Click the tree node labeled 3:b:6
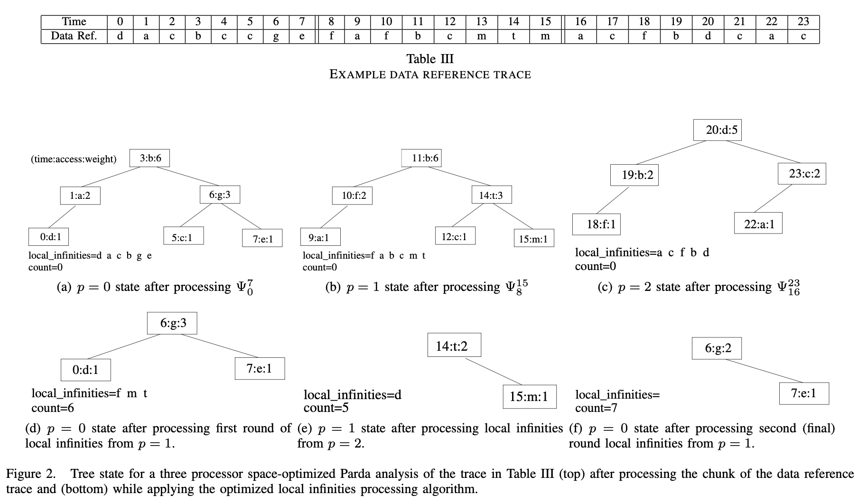tap(149, 158)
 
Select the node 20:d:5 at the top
tap(717, 130)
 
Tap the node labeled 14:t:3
tap(491, 195)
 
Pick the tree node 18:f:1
tap(597, 224)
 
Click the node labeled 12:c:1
tap(455, 236)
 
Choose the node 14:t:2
tap(454, 345)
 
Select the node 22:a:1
tap(758, 224)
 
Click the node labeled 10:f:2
tap(352, 195)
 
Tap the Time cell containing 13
tap(481, 22)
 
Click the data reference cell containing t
tap(513, 37)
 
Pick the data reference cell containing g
tap(276, 37)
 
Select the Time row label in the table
tap(74, 22)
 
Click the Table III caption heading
tap(429, 59)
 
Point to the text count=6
tap(53, 408)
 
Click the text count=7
tap(597, 408)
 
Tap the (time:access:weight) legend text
tap(74, 159)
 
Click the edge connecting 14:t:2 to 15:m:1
tap(494, 371)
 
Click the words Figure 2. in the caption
tap(30, 474)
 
